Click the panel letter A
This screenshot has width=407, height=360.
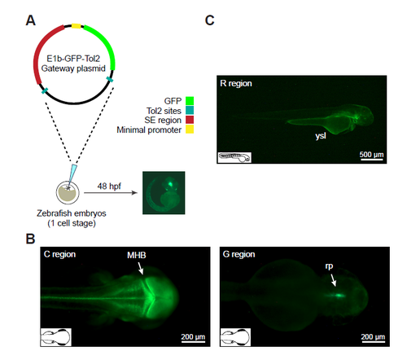click(x=31, y=20)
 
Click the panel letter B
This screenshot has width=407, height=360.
click(x=30, y=239)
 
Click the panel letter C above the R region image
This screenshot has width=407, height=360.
click(x=210, y=20)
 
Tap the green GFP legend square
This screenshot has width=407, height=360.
click(x=190, y=101)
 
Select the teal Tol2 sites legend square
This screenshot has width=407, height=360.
click(x=190, y=110)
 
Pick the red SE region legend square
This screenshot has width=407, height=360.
click(x=190, y=120)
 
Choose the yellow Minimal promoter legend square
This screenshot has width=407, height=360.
click(x=190, y=130)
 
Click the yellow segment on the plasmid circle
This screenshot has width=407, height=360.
click(x=77, y=26)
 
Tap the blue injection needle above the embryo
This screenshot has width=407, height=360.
click(x=72, y=174)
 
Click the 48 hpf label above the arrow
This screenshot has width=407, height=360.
click(x=109, y=186)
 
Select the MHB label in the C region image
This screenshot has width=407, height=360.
click(x=137, y=255)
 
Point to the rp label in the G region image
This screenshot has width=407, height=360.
click(x=329, y=266)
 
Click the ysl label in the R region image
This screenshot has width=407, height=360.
click(x=321, y=135)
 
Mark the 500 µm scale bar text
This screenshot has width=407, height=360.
click(x=371, y=154)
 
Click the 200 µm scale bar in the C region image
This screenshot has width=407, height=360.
click(x=193, y=342)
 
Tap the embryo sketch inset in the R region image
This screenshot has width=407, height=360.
click(x=234, y=157)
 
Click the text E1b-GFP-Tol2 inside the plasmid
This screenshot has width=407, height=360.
click(x=73, y=59)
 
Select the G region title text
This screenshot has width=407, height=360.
click(x=239, y=254)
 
